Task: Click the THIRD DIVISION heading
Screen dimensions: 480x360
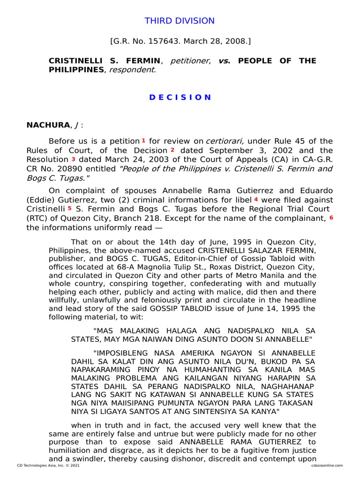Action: point(180,21)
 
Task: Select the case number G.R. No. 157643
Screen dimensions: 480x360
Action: point(148,42)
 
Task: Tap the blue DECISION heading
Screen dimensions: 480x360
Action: point(180,97)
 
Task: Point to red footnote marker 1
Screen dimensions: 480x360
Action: point(143,140)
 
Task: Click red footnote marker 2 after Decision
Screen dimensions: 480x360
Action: point(172,150)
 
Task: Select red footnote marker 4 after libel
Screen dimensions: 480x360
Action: point(256,199)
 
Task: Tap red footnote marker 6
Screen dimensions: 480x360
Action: point(331,217)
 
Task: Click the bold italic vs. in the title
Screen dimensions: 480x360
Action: point(225,61)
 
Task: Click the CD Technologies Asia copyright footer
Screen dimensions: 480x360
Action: point(46,465)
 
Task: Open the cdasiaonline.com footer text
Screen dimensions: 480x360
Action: point(327,465)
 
